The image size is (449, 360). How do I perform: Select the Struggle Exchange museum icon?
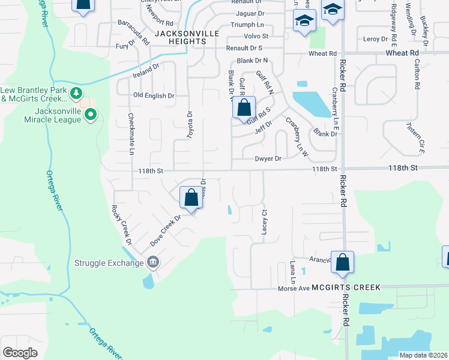(152, 262)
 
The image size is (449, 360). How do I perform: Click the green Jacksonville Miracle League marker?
(91, 114)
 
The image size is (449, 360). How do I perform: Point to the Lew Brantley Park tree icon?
(76, 93)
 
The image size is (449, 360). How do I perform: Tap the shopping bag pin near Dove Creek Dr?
(191, 197)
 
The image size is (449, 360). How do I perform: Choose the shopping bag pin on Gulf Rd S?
(244, 109)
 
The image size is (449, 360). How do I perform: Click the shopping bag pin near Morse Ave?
(342, 262)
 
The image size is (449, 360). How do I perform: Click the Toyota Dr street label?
(190, 125)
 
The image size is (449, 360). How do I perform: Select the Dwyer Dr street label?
(268, 159)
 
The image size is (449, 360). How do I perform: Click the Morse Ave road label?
(293, 289)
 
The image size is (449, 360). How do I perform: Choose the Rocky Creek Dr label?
(121, 224)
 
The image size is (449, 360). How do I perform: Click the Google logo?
(20, 353)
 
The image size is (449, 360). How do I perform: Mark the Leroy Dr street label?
(376, 39)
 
